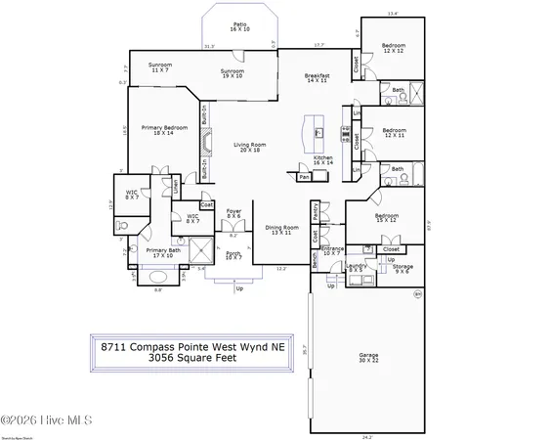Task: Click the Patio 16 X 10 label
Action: point(239,27)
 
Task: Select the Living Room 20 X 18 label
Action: point(250,148)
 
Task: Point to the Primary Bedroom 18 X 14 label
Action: point(163,130)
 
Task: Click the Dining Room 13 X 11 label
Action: point(279,230)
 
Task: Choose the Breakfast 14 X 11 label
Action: point(317,78)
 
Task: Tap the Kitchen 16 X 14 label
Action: point(323,159)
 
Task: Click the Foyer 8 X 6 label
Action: point(234,213)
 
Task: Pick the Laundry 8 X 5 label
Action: point(356,267)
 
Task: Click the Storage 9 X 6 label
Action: point(403,267)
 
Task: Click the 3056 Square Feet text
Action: point(191,357)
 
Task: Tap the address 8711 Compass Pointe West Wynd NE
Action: point(191,344)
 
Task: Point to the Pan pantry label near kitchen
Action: point(305,177)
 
